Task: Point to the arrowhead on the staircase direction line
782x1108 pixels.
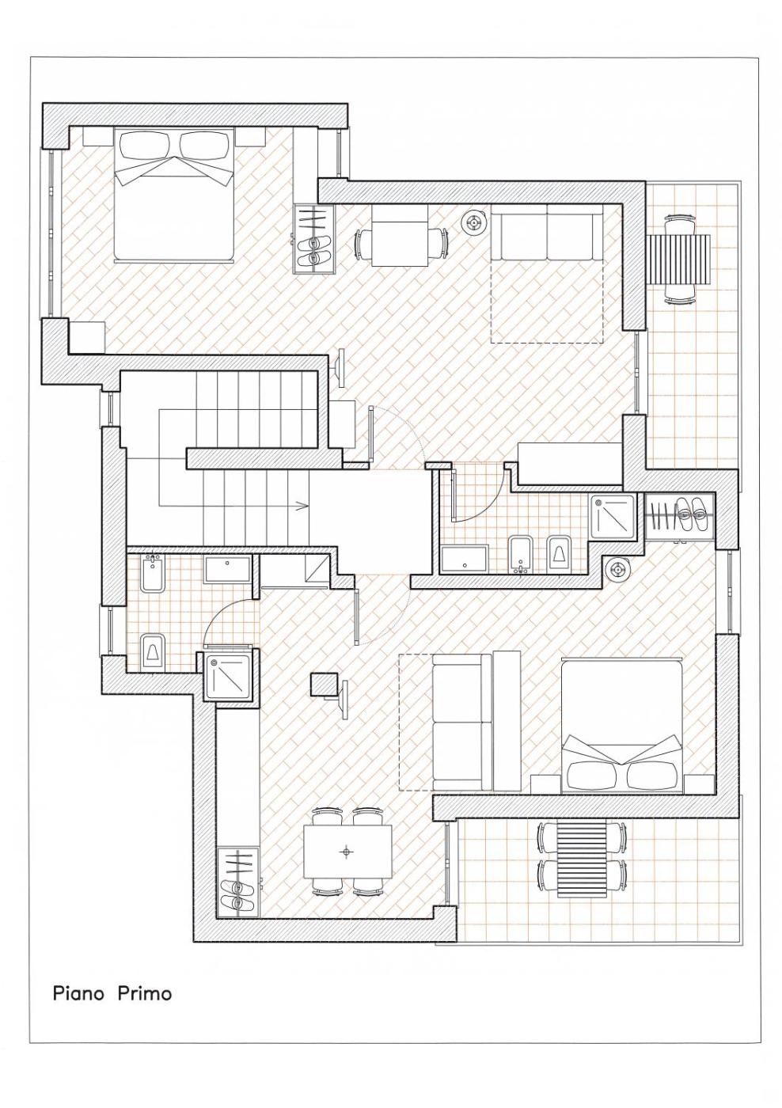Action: (x=304, y=505)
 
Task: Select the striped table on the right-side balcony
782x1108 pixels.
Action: (x=680, y=260)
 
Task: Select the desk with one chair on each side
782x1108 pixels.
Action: (x=400, y=236)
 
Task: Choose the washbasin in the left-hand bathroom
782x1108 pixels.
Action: (x=227, y=569)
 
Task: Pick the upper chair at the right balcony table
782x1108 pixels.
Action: (x=680, y=223)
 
